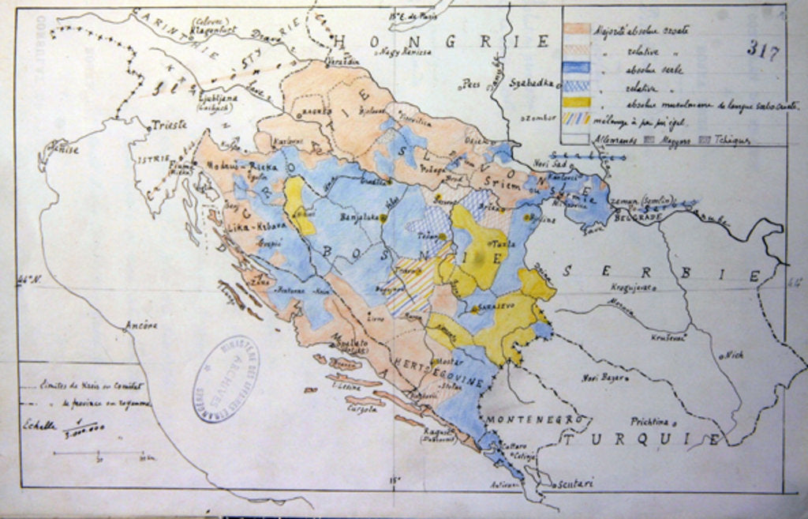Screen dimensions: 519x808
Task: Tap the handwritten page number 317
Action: point(763,53)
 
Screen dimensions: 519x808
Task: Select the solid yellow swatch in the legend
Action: point(577,101)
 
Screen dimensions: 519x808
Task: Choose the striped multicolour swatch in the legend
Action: point(577,119)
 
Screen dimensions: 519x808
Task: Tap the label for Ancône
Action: point(141,325)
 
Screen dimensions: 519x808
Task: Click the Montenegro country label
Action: point(533,418)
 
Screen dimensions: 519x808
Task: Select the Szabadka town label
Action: point(529,81)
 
